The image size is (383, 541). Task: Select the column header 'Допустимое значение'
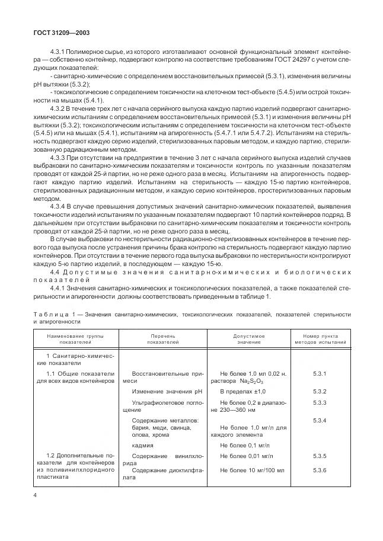pos(248,339)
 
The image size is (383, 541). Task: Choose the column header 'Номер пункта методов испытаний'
pos(320,339)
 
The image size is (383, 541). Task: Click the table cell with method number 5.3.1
pos(320,374)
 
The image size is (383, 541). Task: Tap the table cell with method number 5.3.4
pos(320,420)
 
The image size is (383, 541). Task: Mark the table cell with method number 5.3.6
pos(320,470)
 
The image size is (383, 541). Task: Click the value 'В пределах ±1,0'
pos(242,392)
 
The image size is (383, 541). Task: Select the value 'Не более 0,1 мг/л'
pos(245,444)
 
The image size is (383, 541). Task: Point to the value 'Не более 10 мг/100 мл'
pos(251,470)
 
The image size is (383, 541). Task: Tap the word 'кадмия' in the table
pos(142,444)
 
